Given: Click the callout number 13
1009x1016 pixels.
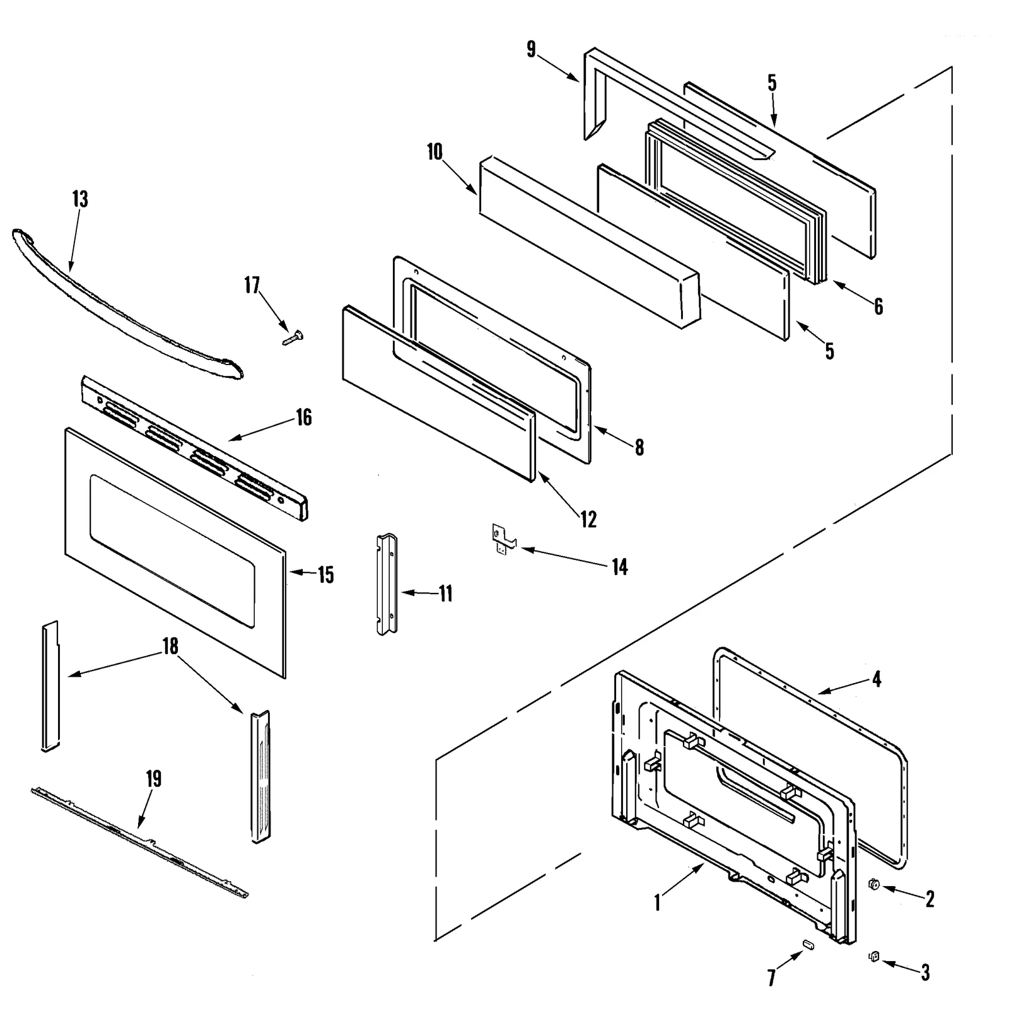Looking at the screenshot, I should point(80,199).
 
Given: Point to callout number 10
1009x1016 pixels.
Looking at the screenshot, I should point(435,152).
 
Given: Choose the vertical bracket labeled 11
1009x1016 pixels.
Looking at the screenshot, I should point(387,583).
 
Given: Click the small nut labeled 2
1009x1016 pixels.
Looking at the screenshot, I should point(874,885).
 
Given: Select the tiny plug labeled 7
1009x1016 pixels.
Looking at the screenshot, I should point(807,944).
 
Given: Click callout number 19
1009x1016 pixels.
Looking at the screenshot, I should point(154,779).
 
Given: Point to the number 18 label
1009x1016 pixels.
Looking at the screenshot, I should point(170,646).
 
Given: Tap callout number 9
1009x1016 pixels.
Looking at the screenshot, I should point(531,49).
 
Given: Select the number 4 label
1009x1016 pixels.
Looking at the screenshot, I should point(877,679).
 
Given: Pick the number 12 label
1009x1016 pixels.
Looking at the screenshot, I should point(588,520).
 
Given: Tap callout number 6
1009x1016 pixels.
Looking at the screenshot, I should point(878,307).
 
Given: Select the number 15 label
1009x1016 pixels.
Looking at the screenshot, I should point(325,575).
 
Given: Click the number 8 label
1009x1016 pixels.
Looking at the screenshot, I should point(639,448).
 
